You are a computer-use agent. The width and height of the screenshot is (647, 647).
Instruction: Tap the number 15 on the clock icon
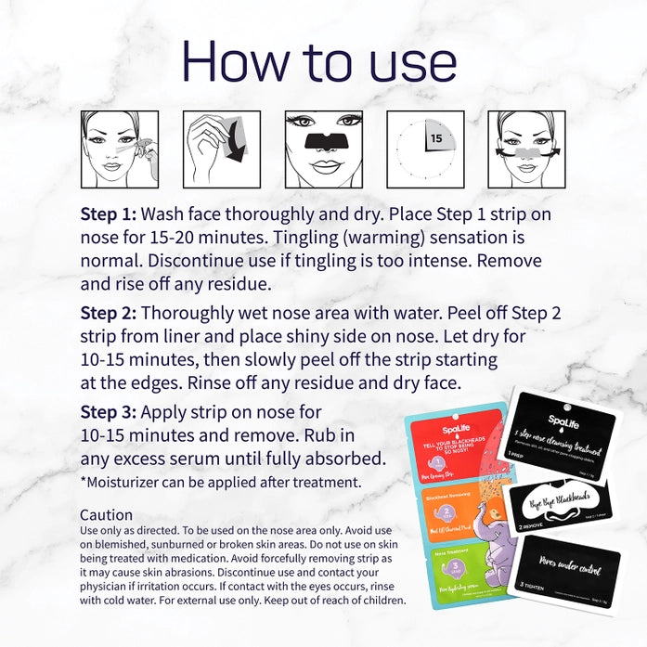[435, 138]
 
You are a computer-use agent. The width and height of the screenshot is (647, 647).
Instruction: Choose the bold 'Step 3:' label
[108, 412]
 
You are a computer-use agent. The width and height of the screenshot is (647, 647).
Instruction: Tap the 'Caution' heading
[106, 514]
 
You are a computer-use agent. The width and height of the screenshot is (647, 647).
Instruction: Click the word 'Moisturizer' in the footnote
[129, 483]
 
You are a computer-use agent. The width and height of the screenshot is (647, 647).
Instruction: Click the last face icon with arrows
[527, 142]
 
